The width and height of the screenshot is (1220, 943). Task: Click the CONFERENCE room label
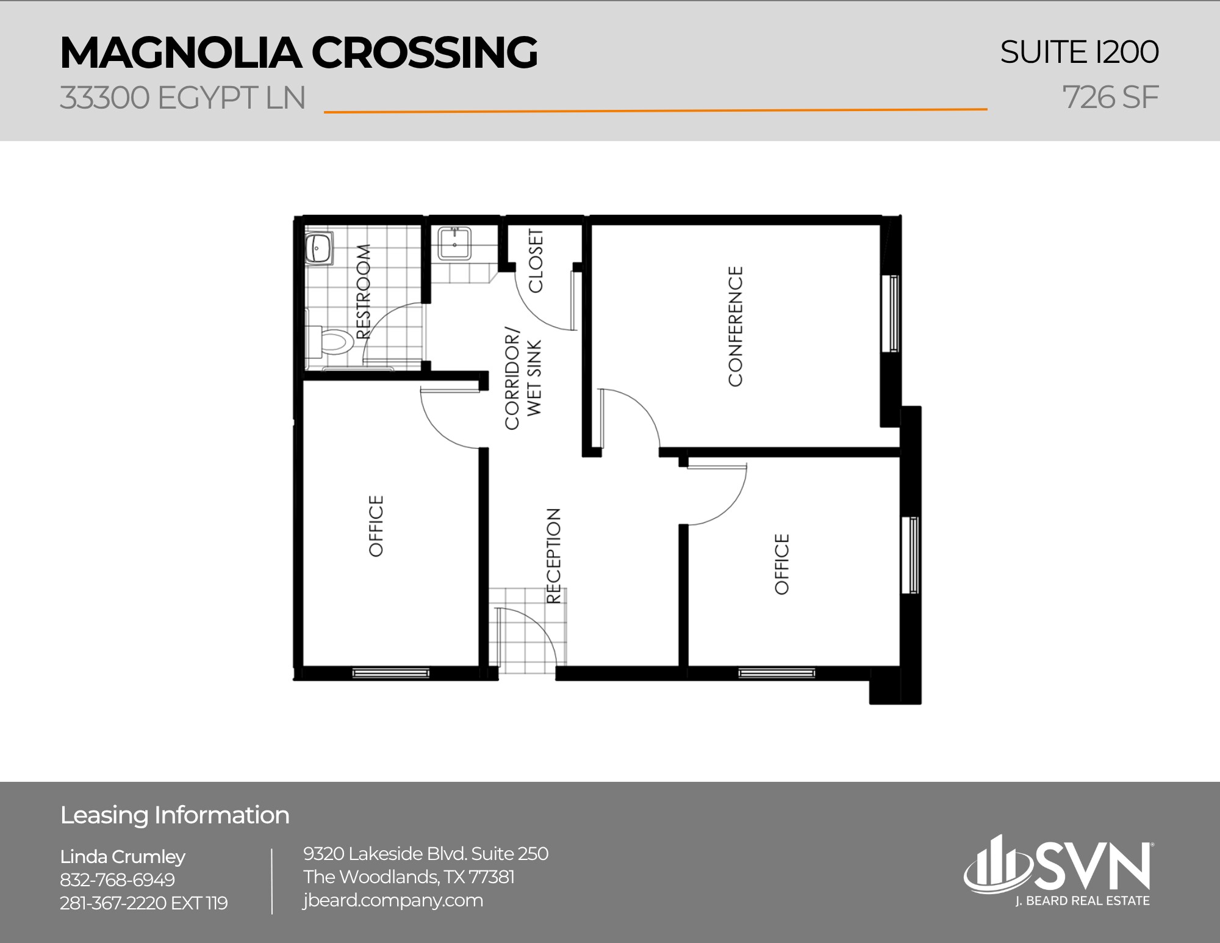coord(736,326)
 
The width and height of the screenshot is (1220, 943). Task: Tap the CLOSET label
coord(535,261)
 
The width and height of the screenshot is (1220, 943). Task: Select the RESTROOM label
coord(362,292)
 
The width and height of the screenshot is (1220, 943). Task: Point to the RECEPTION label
coord(553,556)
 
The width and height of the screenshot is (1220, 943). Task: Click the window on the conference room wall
coord(894,314)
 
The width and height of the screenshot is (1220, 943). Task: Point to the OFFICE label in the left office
coord(376,526)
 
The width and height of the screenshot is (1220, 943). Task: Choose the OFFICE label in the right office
coord(781,564)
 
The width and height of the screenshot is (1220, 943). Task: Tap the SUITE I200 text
coord(1078,52)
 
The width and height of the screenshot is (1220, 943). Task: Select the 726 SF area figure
coord(1110,98)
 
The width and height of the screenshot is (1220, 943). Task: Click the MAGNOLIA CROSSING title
coord(298,52)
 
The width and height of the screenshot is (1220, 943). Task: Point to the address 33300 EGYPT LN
coord(182,98)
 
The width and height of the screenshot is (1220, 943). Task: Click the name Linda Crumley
coord(123,856)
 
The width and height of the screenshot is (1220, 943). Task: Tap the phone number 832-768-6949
coord(117,880)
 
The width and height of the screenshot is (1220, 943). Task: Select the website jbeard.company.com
coord(393,900)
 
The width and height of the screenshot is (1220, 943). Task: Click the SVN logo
coord(1058,870)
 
